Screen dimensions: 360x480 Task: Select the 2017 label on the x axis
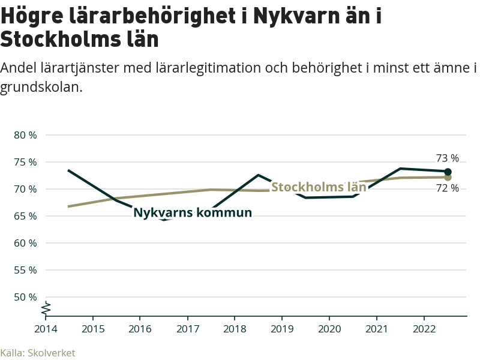(x=187, y=329)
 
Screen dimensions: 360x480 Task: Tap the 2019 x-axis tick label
(x=282, y=329)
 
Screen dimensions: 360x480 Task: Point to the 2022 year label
(x=424, y=329)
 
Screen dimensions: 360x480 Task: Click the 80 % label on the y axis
(x=25, y=135)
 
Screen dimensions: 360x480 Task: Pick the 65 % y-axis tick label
(x=25, y=216)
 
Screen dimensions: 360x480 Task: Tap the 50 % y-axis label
(x=25, y=297)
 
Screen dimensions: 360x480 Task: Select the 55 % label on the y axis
(x=25, y=270)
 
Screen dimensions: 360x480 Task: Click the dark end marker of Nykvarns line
(x=448, y=172)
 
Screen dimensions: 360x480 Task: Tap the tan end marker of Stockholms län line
(x=448, y=177)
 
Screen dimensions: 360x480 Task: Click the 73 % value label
(x=447, y=158)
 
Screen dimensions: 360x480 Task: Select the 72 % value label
(x=447, y=188)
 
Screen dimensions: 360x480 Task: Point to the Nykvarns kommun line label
(x=192, y=213)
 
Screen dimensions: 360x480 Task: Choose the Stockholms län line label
(x=319, y=187)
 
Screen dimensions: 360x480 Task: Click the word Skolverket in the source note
(x=52, y=353)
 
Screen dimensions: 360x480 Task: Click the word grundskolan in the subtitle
(x=40, y=87)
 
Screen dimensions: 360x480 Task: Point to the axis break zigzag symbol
(x=46, y=308)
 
